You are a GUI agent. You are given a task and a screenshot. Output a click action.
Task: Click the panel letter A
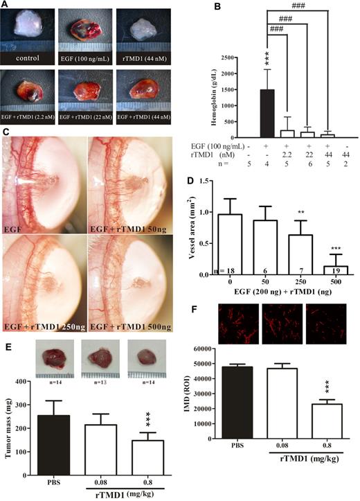click(x=6, y=6)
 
